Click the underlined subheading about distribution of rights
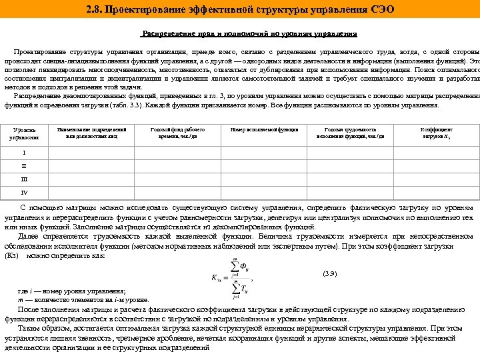249,33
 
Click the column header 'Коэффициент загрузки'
437,133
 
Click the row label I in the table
25,153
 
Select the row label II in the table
25,165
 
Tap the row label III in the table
25,179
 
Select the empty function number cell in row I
260,153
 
